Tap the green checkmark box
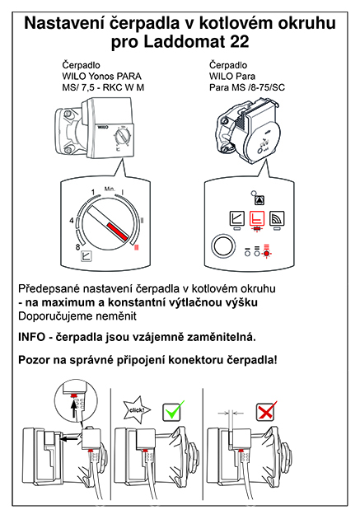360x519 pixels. point(173,411)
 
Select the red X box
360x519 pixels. point(266,411)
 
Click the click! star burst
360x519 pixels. point(137,409)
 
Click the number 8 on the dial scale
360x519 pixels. point(78,247)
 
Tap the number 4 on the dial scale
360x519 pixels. point(72,221)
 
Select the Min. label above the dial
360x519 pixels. point(110,189)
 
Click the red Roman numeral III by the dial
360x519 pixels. point(136,247)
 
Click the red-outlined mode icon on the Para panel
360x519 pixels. point(257,218)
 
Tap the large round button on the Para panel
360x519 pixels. point(223,247)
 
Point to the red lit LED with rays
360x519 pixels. point(266,254)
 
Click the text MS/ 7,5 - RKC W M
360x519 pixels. point(103,87)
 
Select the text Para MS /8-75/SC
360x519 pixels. point(247,87)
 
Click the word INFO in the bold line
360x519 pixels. point(31,337)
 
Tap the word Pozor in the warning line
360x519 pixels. point(34,360)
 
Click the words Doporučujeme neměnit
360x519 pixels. point(77,316)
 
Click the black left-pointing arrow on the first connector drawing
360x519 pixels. point(69,439)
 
